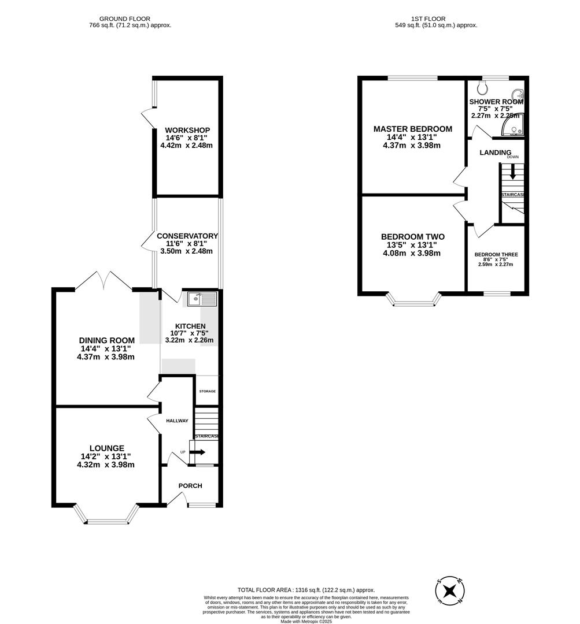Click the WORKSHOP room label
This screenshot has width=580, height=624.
tap(187, 130)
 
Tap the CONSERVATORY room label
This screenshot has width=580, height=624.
tap(186, 236)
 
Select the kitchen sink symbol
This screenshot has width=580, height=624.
tap(200, 299)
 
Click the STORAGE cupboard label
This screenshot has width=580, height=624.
tap(207, 392)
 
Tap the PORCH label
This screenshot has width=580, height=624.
tap(190, 486)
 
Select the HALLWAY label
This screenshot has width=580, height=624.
tap(177, 421)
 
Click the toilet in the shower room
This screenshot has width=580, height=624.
tap(483, 87)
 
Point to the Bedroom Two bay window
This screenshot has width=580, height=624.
tap(413, 300)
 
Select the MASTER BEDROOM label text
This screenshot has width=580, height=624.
tap(412, 129)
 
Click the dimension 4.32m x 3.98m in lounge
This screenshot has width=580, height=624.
tap(106, 465)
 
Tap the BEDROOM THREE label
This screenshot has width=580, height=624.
tap(496, 255)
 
